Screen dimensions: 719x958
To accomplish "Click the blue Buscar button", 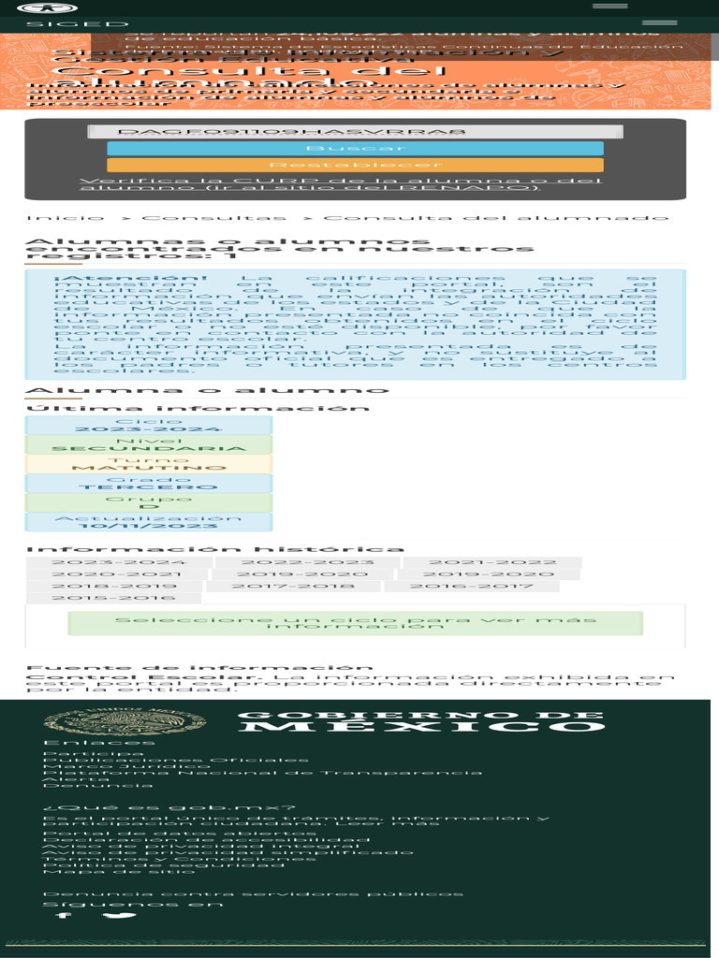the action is tap(355, 149).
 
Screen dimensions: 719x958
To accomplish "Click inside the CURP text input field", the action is tap(355, 133).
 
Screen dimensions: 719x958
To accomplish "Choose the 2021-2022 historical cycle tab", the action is tap(492, 563).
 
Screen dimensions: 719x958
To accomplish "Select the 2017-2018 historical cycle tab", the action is tap(293, 587).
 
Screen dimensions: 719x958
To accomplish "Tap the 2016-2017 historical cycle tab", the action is tap(471, 587).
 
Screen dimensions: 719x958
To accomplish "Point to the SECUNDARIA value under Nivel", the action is tap(149, 449).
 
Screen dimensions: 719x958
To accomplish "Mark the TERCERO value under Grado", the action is tap(149, 487).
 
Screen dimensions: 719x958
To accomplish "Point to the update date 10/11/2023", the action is tap(149, 526).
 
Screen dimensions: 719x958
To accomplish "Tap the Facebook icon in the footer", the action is tap(63, 914).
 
